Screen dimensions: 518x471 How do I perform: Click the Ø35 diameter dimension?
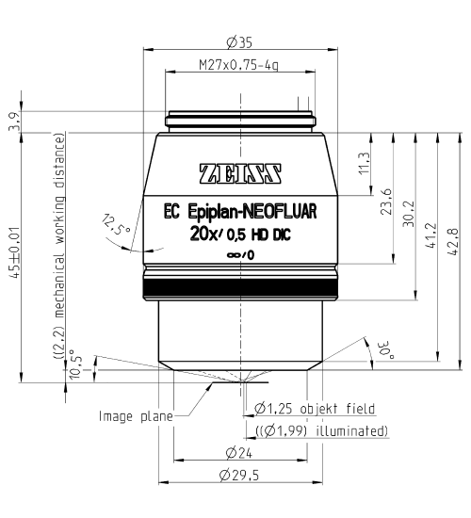tap(237, 42)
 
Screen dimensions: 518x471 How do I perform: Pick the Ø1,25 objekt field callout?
tap(316, 410)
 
